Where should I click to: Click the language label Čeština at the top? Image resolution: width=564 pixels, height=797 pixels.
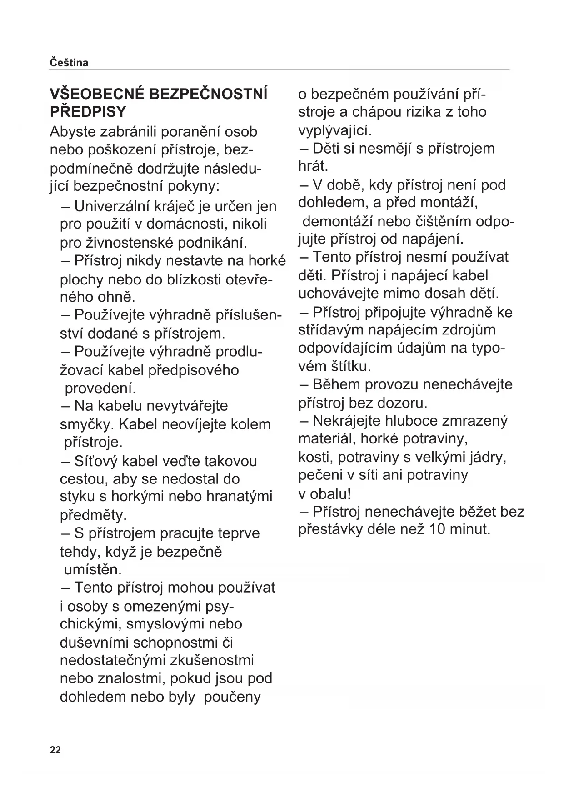coord(69,63)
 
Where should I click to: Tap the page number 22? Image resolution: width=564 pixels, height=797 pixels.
coord(55,750)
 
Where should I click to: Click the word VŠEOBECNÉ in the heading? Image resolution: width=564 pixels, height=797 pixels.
coord(96,94)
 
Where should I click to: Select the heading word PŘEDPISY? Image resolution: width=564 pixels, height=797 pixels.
coord(88,112)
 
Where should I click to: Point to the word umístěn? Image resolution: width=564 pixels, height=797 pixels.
coord(93,569)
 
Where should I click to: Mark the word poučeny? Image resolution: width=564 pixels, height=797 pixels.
coord(232,697)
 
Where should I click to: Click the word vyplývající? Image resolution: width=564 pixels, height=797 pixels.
coord(335,131)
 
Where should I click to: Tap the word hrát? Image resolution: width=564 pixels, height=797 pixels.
coord(313,166)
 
